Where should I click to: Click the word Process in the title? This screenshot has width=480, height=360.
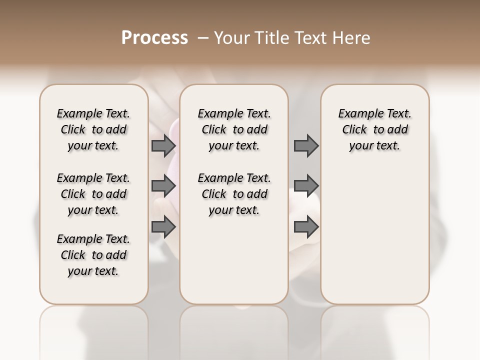[154, 38]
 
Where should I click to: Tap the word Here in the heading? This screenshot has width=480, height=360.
[352, 38]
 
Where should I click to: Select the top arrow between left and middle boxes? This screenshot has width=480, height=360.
[163, 146]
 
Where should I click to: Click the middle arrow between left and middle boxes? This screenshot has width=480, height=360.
[163, 186]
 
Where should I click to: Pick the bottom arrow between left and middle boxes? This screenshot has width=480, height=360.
[163, 227]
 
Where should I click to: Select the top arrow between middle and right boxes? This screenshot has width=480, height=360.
[306, 146]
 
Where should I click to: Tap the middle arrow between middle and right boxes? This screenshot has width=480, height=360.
[306, 186]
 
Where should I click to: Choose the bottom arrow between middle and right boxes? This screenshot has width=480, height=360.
[306, 227]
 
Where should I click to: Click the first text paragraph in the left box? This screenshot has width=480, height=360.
[93, 129]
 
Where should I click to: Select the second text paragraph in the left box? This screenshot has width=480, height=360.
[93, 194]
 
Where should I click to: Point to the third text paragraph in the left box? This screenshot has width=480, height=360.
[93, 255]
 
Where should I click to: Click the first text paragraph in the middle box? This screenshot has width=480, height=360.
[234, 129]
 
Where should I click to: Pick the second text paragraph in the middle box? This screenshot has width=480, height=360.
[234, 194]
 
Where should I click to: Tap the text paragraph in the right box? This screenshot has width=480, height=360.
[375, 129]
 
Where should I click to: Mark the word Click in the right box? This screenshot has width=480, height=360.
[354, 129]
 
